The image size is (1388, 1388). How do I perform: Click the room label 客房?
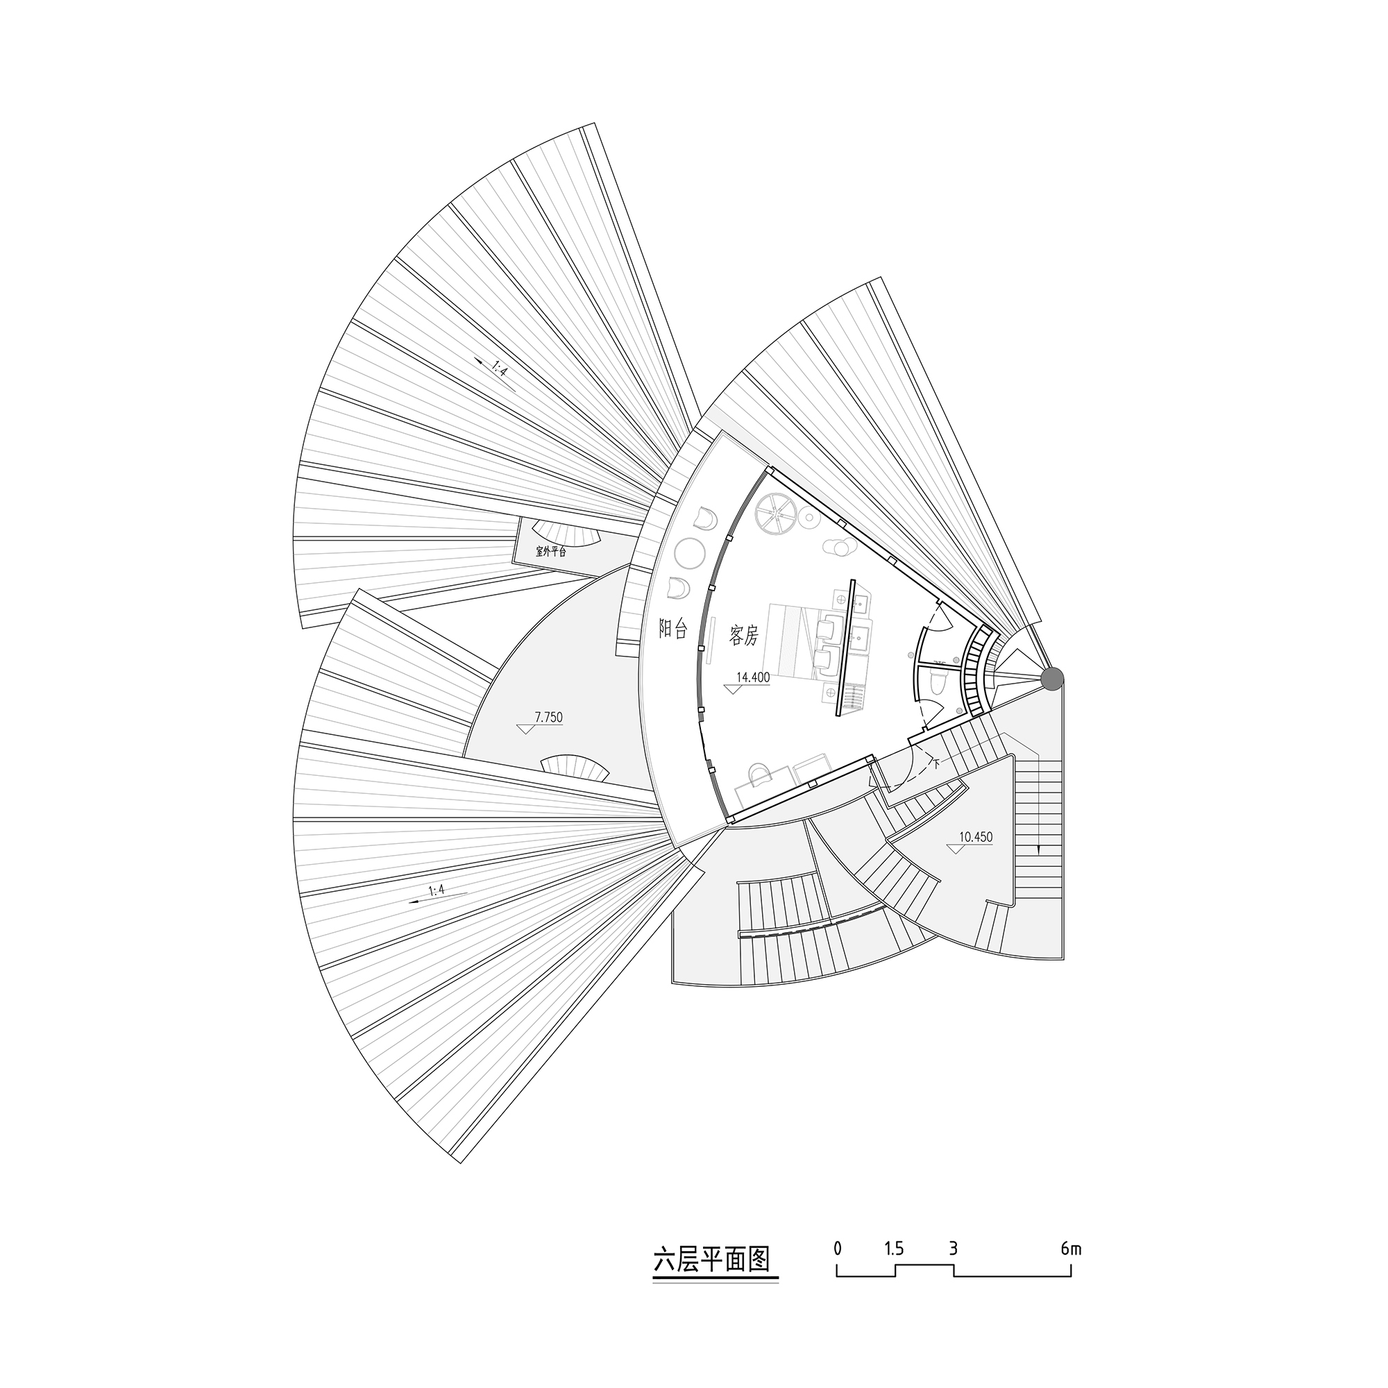coord(743,635)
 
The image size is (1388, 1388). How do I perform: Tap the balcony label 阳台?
coord(674,629)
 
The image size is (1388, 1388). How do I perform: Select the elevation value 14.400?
coord(753,677)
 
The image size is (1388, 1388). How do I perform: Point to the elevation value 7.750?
coord(549,717)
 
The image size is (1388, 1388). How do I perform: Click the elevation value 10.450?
coord(976,837)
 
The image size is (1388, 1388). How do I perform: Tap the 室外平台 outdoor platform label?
coord(551,552)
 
